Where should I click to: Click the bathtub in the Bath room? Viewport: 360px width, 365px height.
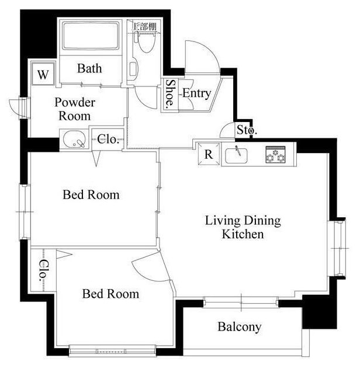coord(91,36)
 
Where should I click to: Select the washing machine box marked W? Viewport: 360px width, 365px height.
coord(43,74)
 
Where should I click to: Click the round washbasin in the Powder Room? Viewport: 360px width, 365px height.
coord(74,140)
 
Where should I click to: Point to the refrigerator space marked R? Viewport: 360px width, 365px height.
coord(209,154)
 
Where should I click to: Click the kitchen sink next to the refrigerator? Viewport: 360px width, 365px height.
coord(236,155)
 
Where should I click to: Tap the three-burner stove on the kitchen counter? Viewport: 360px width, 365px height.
coord(276,154)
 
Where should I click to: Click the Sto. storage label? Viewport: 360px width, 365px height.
coord(247,130)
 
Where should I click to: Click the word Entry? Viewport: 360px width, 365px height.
coord(196,93)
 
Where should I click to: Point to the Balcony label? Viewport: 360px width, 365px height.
coord(239,327)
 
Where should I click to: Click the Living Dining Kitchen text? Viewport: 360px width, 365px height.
coord(243,227)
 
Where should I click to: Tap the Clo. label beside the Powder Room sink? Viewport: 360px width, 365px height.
coord(108,140)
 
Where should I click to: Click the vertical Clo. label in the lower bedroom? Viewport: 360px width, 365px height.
coord(44,270)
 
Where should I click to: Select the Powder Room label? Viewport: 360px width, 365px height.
coord(75,109)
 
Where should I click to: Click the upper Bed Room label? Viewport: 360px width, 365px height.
coord(91,194)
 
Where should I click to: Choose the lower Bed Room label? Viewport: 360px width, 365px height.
coord(110,294)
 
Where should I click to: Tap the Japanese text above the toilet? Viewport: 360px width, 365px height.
coord(144,27)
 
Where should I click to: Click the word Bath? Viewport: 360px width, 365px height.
coord(89,68)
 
